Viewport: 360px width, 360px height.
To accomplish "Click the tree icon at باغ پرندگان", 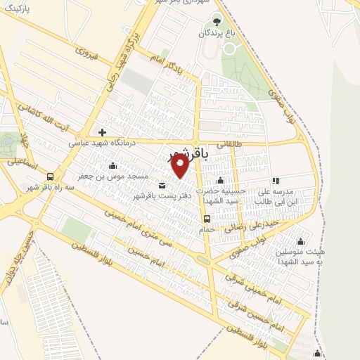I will pos(217,19).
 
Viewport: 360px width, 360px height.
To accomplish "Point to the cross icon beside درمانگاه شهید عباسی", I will pos(103,131).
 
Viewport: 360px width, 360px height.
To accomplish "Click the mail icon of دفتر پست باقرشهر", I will pos(162,185).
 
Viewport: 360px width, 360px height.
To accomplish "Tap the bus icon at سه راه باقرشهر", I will pos(50,176).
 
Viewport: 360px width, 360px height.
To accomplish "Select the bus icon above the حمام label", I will pos(206,218).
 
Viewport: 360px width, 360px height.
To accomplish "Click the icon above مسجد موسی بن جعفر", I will pos(112,166).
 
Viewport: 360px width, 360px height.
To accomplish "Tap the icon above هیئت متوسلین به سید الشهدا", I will pos(301,241).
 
